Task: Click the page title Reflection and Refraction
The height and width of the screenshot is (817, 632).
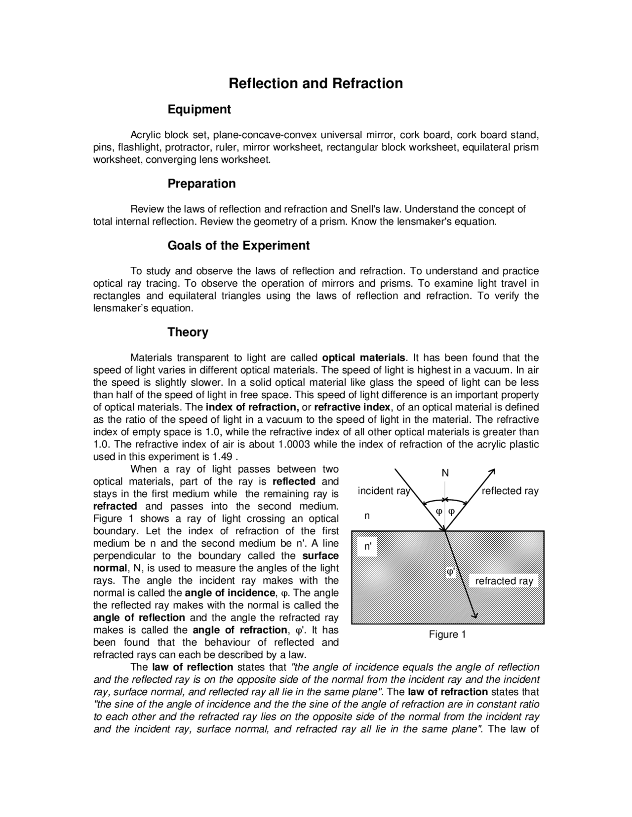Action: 316,83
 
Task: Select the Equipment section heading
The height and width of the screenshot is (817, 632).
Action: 199,110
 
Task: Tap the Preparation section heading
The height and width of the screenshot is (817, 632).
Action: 201,184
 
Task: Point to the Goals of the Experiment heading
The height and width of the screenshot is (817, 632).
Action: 238,246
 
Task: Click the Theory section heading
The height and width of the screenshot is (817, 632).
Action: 188,332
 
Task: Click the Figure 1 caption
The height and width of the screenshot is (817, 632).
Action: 447,634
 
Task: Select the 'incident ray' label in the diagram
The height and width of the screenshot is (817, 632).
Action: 384,491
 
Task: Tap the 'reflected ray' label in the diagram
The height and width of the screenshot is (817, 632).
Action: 510,491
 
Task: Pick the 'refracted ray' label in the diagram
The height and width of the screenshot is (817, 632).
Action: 504,581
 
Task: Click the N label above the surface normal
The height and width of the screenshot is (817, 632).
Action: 445,473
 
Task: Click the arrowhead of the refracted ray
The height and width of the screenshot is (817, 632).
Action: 475,615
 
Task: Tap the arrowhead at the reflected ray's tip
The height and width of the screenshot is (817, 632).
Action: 492,470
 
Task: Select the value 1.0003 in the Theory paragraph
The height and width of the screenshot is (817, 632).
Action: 294,445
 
